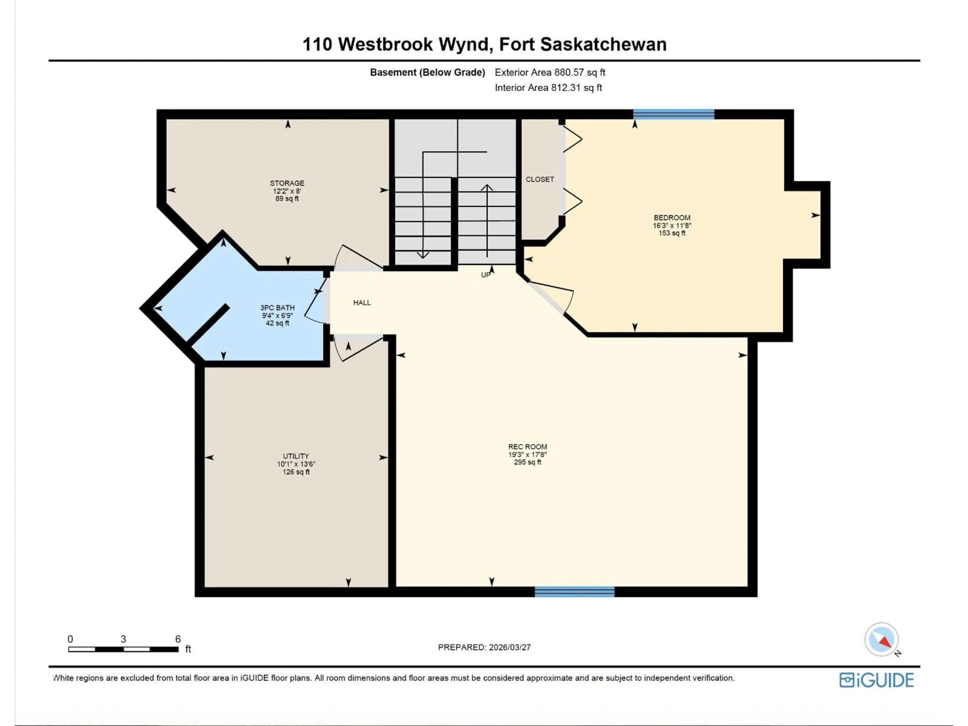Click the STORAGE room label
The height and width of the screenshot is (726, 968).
pos(287,183)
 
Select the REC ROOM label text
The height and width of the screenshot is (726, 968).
pos(527,447)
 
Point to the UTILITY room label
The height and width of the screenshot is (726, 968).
pos(296,456)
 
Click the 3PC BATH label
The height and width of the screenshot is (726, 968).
pos(278,308)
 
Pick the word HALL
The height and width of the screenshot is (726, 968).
pos(362,302)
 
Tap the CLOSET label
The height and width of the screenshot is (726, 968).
pos(539,179)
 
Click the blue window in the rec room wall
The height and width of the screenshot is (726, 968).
pos(574,592)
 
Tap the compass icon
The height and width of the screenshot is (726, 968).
pos(881,639)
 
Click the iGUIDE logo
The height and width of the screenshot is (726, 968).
pos(876,680)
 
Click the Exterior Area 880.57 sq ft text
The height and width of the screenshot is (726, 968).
pos(550,73)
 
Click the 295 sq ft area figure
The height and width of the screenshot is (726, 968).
pos(527,462)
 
